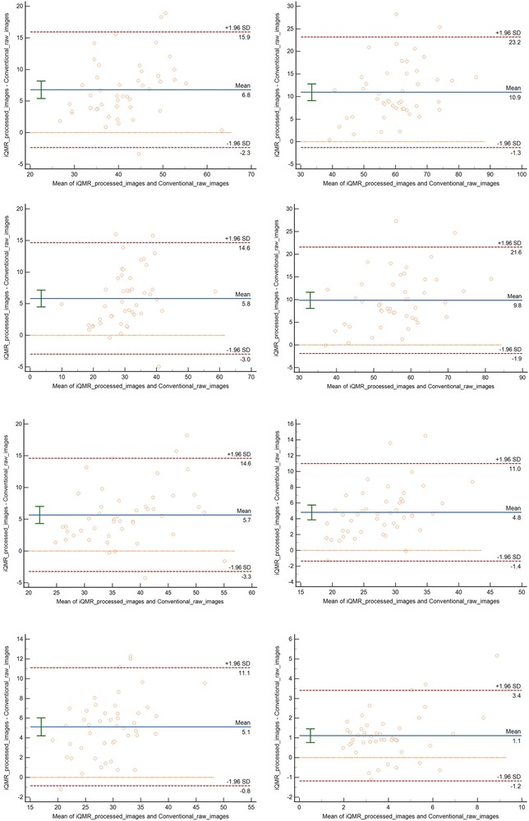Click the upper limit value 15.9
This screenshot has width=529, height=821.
coord(243,38)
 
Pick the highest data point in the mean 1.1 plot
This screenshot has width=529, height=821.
coord(496,655)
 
